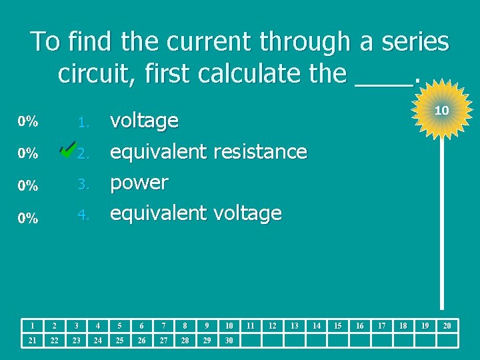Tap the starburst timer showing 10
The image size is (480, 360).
pos(441,110)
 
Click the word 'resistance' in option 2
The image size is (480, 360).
pos(260,152)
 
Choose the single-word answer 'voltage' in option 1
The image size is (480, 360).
pos(144,121)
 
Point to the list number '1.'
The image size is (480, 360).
pos(83,123)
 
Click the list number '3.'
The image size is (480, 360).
pos(83,184)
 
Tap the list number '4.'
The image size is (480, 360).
pos(83,215)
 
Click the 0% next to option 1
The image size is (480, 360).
pos(28,122)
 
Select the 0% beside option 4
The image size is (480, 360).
pos(28,218)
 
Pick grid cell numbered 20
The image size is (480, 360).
pos(447,325)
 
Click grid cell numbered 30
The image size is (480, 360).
pos(229,341)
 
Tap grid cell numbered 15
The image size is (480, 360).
pos(337,325)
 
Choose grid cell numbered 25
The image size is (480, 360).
pos(119,341)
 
